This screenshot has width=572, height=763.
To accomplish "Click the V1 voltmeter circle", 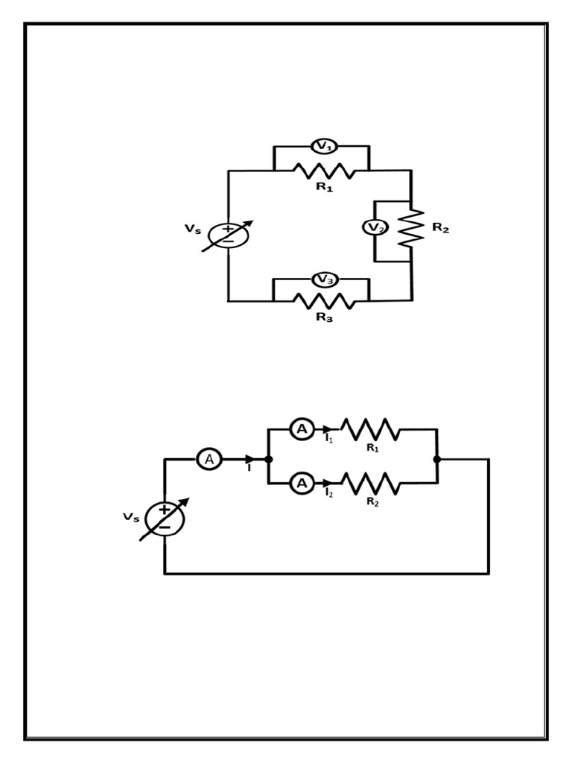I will [324, 147].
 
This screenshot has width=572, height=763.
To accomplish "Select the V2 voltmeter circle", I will [375, 227].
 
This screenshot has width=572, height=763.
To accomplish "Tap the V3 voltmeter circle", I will [324, 279].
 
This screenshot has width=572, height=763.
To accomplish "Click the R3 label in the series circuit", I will [324, 317].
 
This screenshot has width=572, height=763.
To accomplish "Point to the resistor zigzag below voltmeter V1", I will [324, 171].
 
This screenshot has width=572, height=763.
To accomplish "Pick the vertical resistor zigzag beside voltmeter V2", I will [410, 228].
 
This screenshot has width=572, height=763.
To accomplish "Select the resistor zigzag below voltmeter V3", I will [324, 301].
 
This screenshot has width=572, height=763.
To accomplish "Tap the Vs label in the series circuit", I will [193, 229].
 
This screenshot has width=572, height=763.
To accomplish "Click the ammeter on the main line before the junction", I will [209, 460].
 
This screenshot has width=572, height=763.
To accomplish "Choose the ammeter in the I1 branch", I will [302, 429].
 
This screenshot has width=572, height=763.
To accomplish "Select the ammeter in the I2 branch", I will [302, 484].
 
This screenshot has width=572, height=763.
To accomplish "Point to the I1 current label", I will [329, 440].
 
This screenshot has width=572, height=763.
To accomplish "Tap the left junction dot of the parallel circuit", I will [268, 460].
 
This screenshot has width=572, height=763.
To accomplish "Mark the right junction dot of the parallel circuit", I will [437, 460].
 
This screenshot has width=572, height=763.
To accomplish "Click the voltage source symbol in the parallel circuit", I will [164, 518].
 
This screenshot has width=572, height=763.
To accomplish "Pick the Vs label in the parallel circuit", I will [130, 516].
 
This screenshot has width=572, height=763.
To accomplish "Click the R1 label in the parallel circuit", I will [372, 449].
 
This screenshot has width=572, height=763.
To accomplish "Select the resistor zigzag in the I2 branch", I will [370, 484].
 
